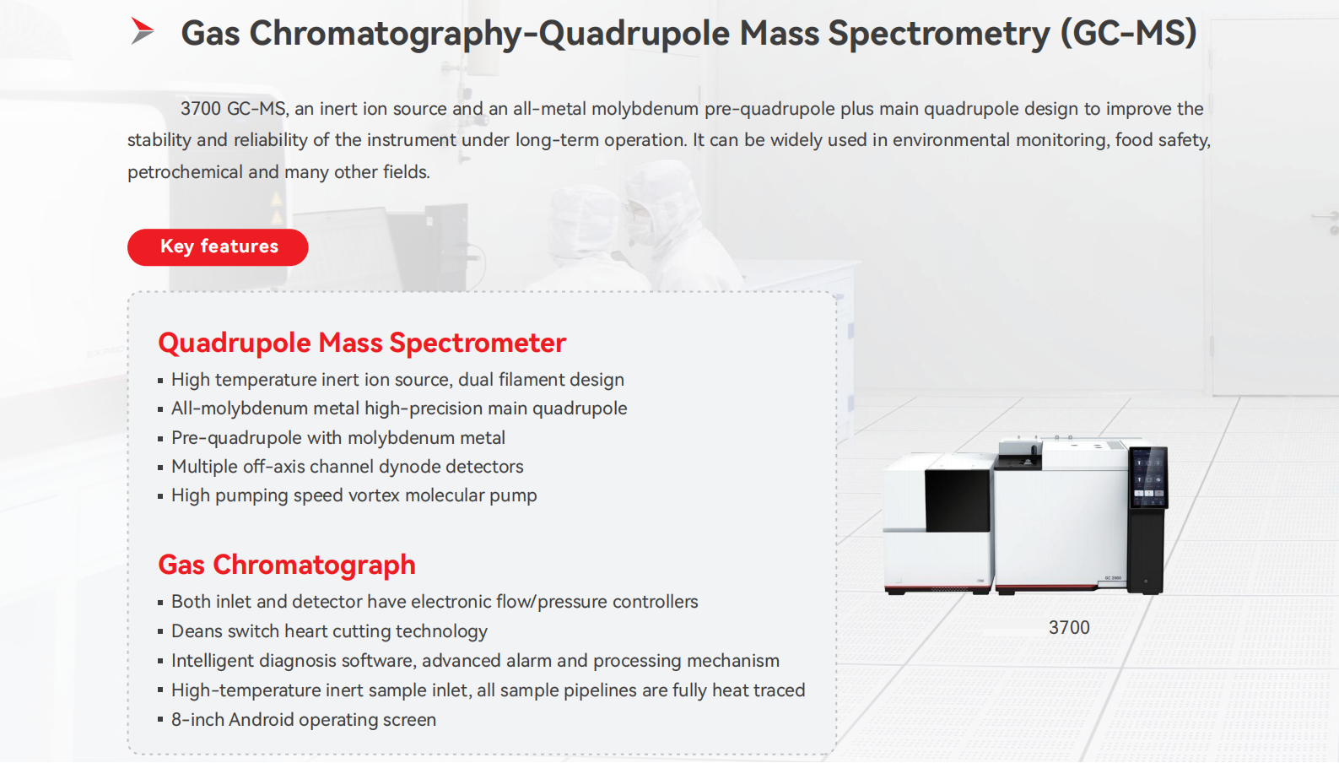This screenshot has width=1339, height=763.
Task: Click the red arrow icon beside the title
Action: [143, 30]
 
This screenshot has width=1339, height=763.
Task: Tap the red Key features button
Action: [218, 247]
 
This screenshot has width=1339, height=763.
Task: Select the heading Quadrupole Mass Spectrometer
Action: [362, 343]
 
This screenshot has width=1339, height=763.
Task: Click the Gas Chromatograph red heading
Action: [286, 565]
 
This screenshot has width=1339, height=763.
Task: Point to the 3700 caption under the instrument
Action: [1069, 627]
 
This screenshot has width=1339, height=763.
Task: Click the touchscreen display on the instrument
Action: [1147, 478]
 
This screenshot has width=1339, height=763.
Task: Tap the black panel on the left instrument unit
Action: [957, 501]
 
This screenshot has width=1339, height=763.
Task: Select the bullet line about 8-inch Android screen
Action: [304, 719]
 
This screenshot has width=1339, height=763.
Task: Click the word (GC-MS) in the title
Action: [1129, 33]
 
